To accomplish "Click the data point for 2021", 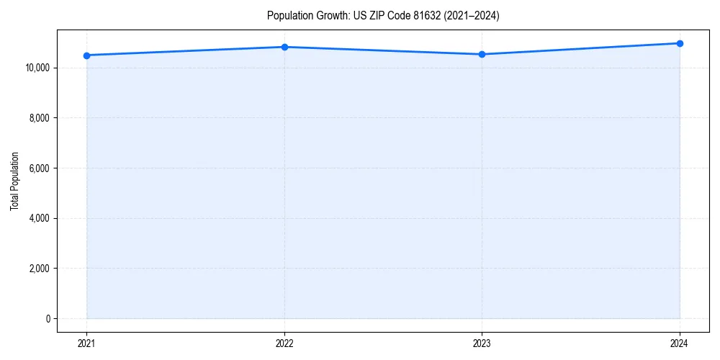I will pos(86,55).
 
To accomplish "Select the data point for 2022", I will pos(284,47).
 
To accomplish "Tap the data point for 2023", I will pos(482,55).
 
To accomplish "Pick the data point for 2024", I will pos(680,43).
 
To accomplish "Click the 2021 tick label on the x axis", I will pos(86,343).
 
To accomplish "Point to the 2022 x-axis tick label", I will pos(284,343).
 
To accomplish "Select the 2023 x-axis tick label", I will pos(482,343).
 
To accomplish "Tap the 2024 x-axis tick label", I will pos(680,343).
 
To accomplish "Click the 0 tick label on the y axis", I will pos(47,318).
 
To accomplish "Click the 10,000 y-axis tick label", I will pos(36,68).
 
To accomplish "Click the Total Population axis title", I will pos(14,181).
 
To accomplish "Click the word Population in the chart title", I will pos(287,16).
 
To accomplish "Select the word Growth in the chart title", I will pos(330,16).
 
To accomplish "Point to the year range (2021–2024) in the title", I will pos(473,16).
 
